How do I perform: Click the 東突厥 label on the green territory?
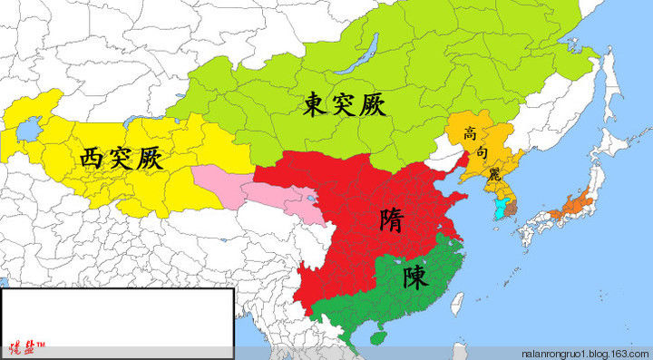(x=345, y=105)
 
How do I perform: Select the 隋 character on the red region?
(x=393, y=219)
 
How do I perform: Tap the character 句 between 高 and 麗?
(x=482, y=153)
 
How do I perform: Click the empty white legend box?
(x=115, y=314)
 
